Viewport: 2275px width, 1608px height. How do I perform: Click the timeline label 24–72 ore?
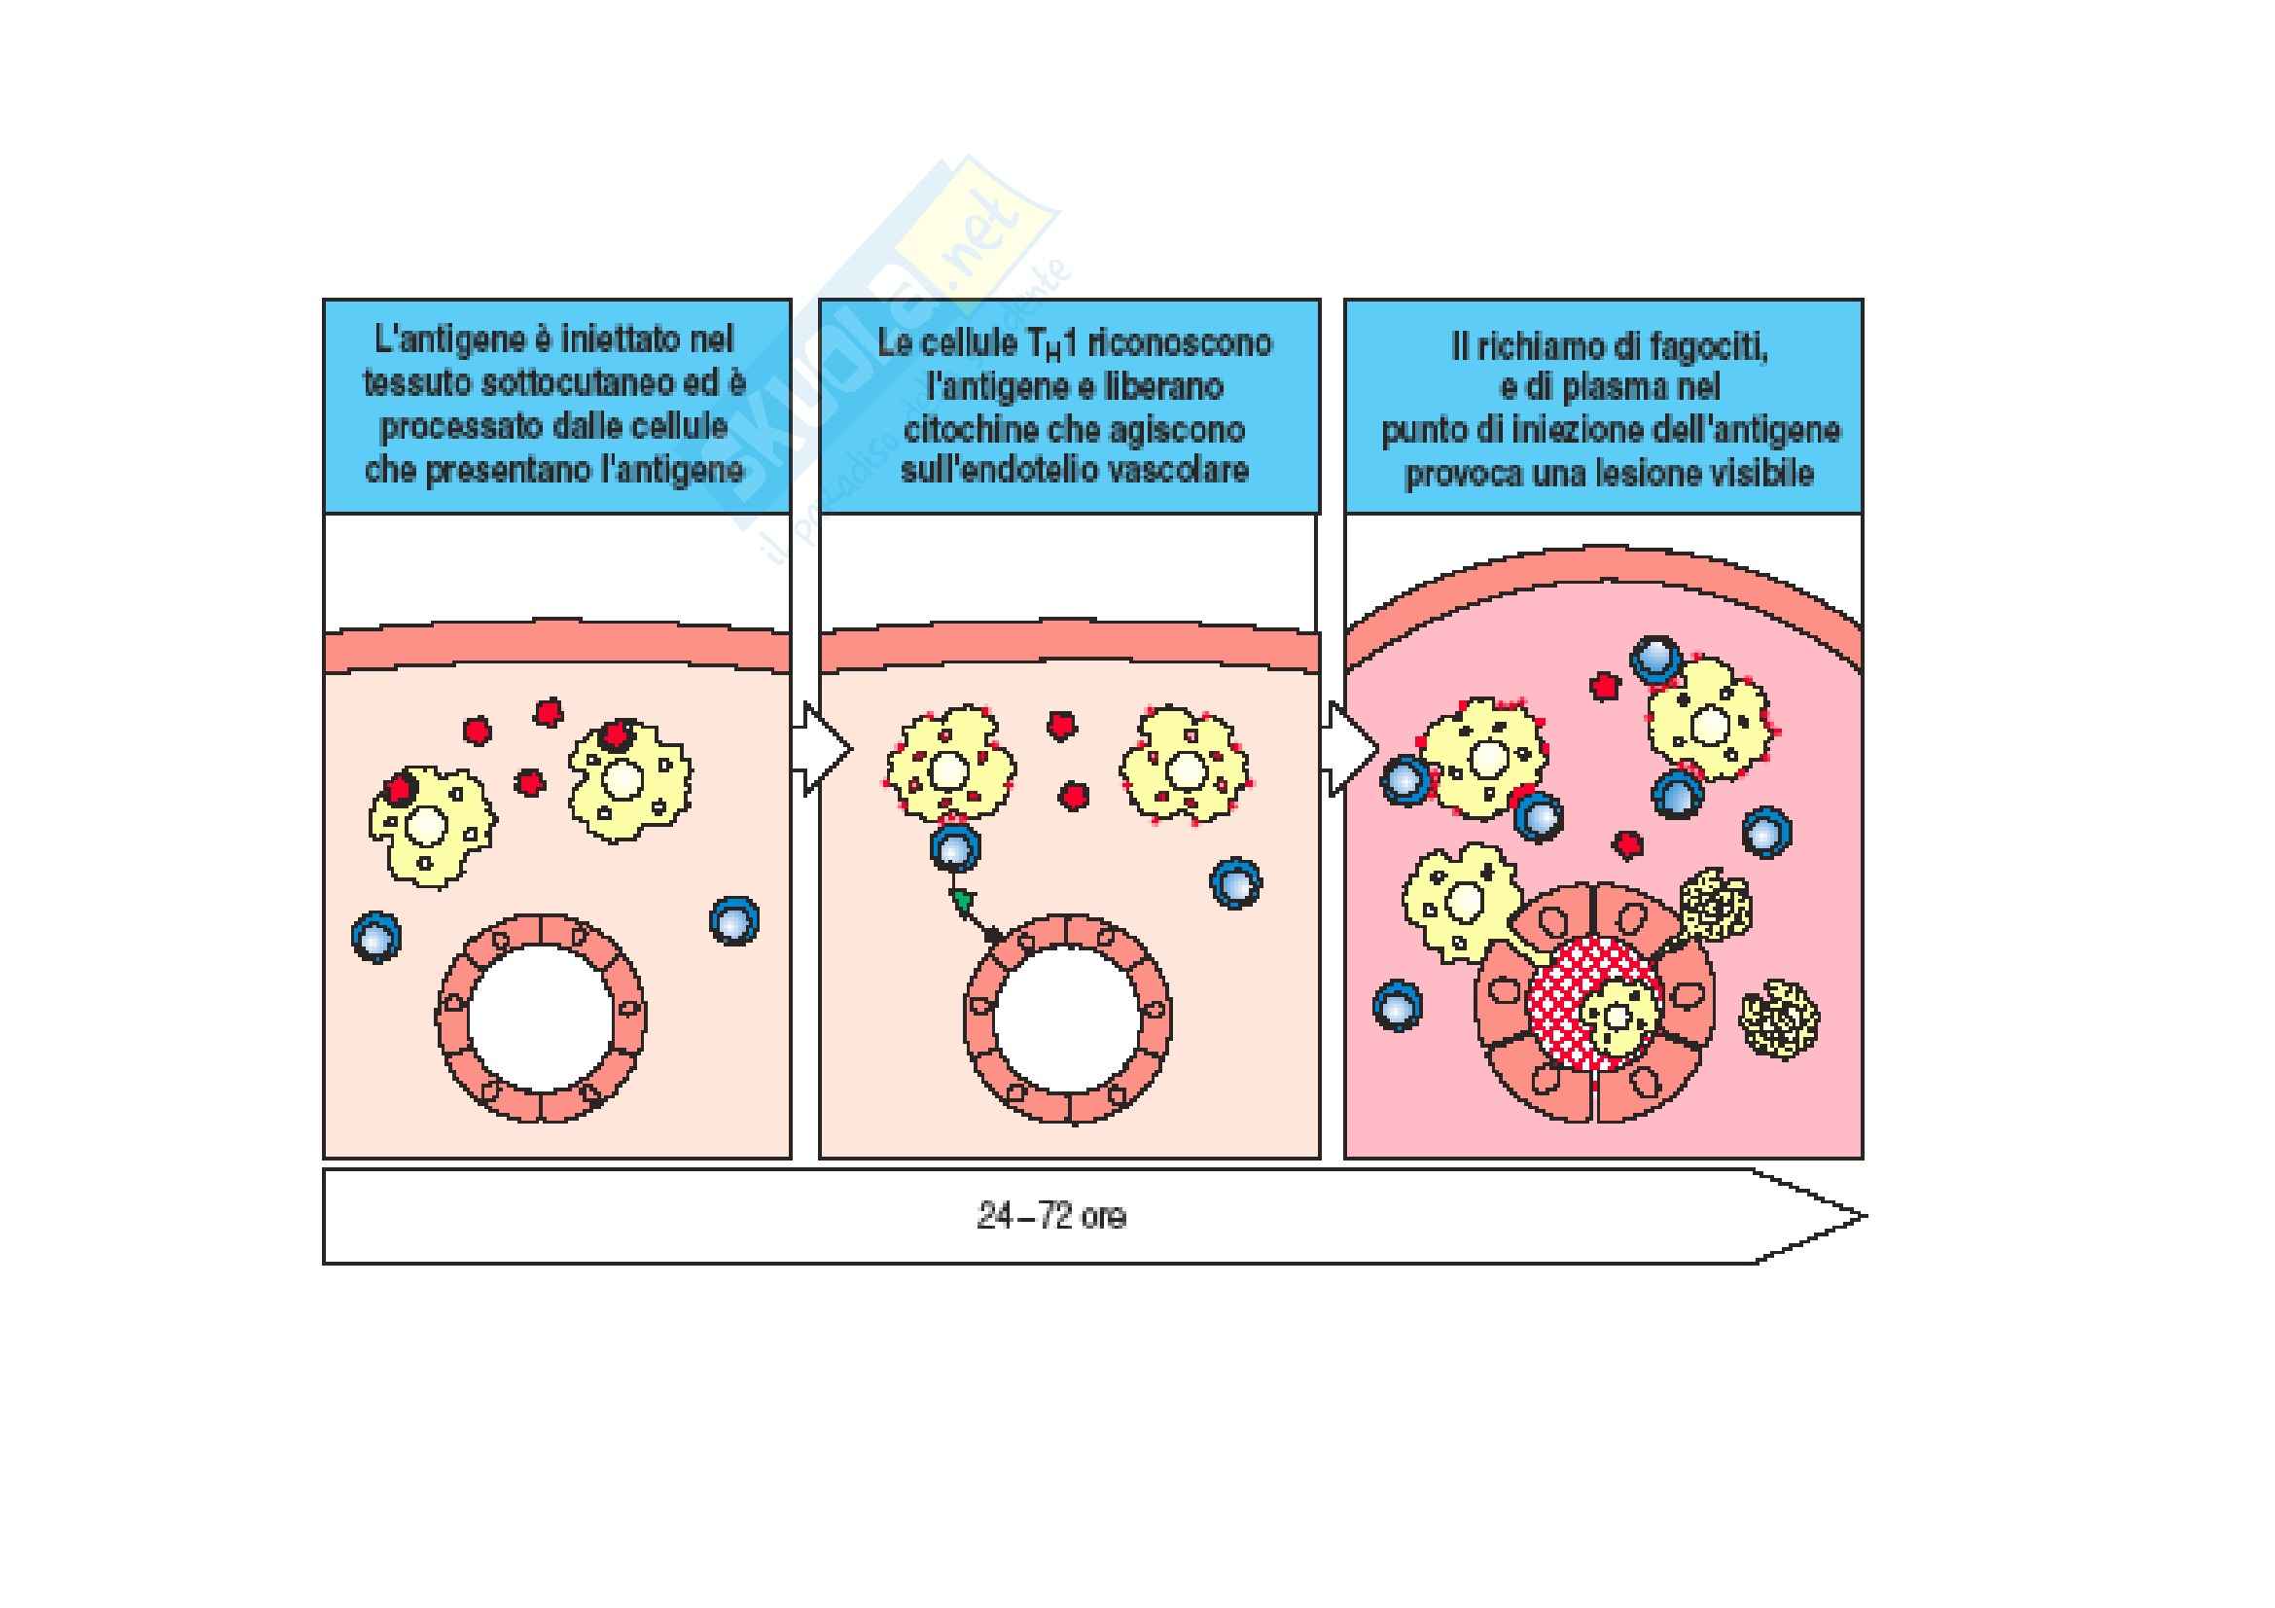coord(1051,1216)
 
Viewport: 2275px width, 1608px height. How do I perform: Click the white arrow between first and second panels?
coord(822,750)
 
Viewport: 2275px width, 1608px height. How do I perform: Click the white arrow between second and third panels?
coord(1350,750)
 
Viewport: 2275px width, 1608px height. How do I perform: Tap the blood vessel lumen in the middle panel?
coord(1067,1018)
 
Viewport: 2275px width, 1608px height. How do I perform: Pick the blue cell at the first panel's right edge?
coord(734,920)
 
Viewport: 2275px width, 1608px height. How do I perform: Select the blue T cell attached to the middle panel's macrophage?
coord(955,849)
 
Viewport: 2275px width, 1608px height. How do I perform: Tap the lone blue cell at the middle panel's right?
coord(1235,881)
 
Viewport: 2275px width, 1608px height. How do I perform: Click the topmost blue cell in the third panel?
coord(1655,659)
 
